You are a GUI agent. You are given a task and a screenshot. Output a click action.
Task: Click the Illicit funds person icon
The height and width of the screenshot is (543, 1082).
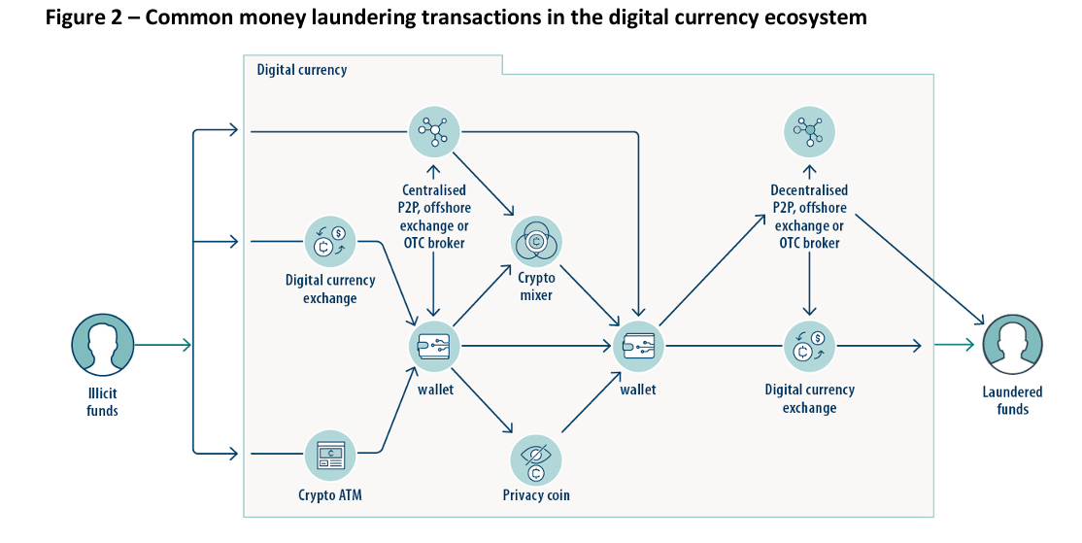[x=101, y=344]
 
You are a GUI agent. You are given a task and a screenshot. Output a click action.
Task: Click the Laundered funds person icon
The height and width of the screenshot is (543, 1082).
[x=1012, y=345]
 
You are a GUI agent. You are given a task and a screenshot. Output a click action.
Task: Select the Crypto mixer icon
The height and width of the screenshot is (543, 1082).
[x=536, y=240]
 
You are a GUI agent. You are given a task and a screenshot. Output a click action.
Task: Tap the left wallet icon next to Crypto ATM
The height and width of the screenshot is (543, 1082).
[x=433, y=345]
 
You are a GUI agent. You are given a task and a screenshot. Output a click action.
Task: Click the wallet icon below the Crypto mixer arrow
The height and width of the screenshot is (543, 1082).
[x=638, y=345]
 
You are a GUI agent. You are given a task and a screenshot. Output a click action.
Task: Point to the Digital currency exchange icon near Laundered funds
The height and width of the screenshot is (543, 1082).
[x=808, y=345]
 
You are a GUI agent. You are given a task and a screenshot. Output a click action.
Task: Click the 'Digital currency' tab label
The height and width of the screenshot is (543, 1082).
[x=301, y=70]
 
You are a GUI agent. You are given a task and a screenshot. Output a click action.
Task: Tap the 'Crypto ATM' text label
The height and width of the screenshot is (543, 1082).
[x=331, y=494]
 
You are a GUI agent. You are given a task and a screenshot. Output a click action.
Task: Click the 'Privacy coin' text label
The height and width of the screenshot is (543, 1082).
[x=536, y=495]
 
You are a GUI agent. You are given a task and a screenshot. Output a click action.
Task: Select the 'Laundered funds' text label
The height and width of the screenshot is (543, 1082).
[x=1012, y=400]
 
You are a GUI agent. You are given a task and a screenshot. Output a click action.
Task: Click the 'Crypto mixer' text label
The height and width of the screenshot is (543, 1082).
[x=536, y=286]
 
